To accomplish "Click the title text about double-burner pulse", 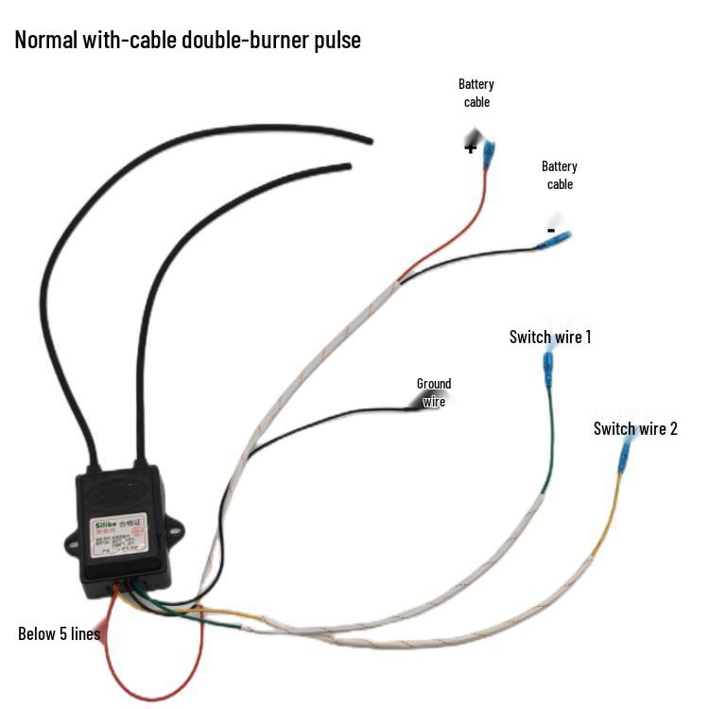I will point(187,41).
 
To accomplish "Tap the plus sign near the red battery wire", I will point(471,147).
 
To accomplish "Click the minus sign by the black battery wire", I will point(551,230).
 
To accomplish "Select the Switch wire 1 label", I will point(550,337).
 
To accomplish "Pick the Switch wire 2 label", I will point(635,428).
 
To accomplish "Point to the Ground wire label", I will point(434,392).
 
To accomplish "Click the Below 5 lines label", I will point(59,633).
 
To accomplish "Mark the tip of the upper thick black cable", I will point(368,140).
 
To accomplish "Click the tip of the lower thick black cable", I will point(348,166).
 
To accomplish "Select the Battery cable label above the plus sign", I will point(476,93).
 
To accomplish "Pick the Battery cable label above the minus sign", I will point(560,175).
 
